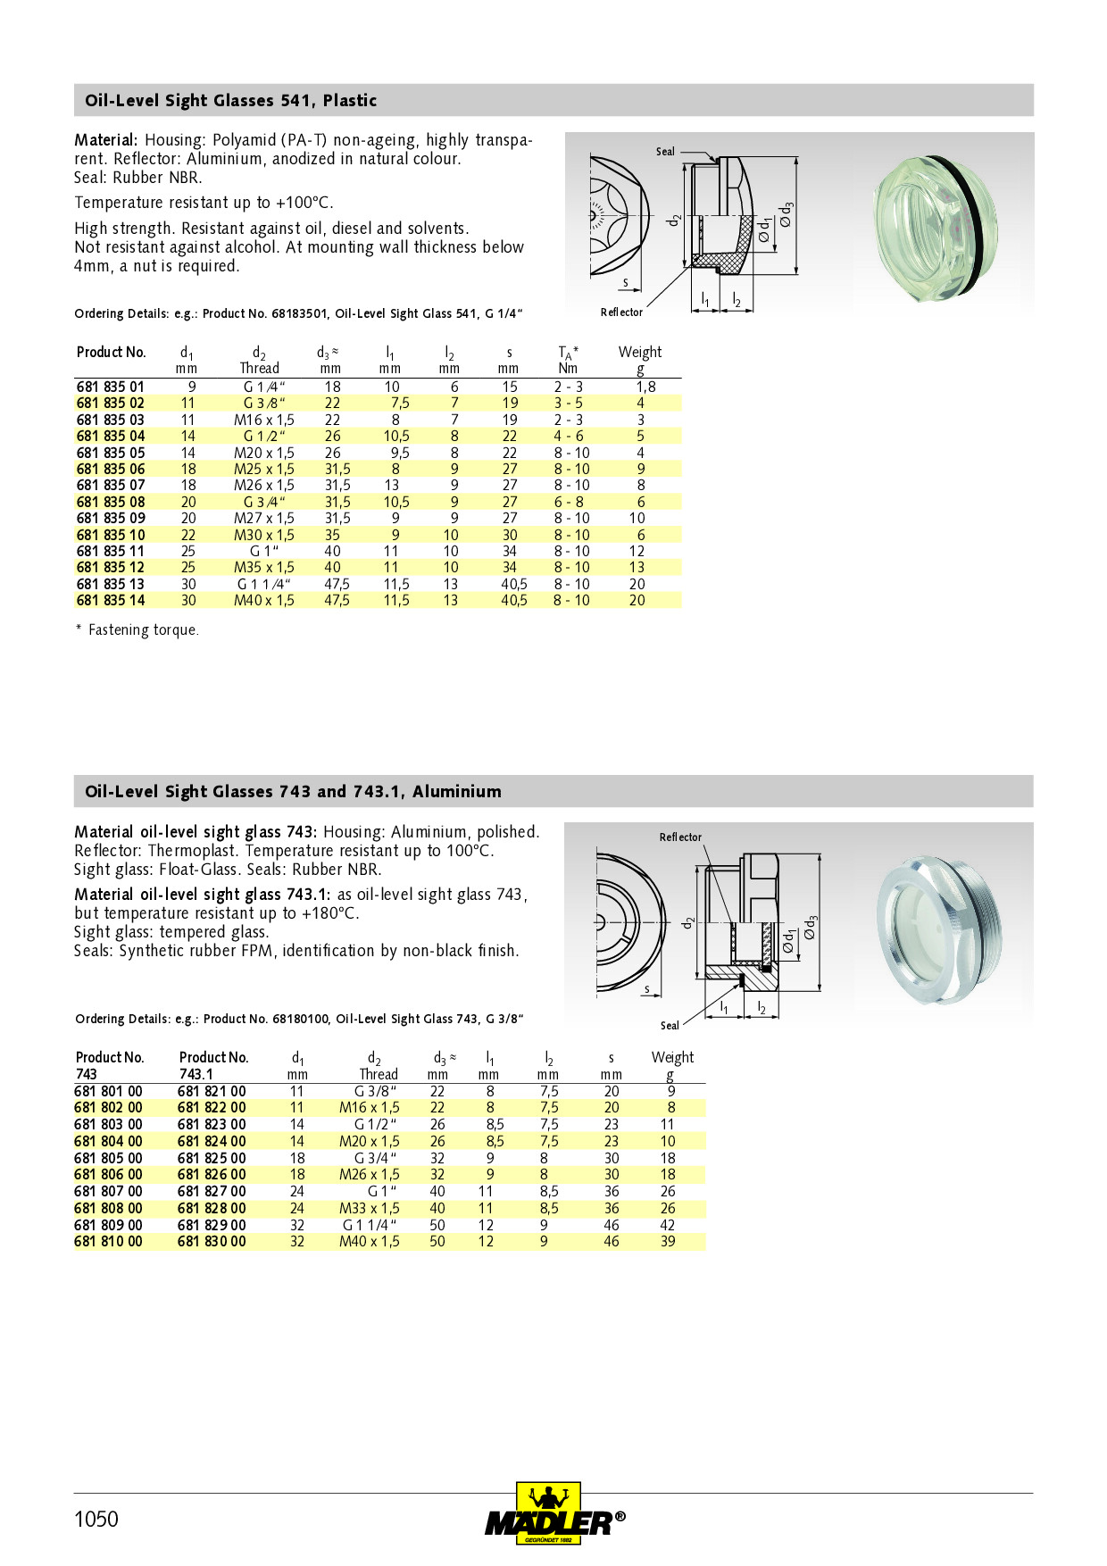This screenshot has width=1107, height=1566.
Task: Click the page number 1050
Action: [96, 1519]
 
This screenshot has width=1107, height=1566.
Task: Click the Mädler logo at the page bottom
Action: [554, 1513]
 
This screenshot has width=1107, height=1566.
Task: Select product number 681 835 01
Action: [110, 387]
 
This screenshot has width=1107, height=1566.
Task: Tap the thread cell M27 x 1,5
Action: [264, 518]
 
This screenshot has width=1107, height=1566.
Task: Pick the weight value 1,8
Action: [645, 387]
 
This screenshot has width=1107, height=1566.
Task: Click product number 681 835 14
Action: [110, 600]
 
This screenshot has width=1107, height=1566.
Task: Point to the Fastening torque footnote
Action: [137, 629]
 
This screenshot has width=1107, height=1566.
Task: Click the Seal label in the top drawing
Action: [665, 152]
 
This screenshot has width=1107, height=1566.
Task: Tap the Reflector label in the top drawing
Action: [621, 312]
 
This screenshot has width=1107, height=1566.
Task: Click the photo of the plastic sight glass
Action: [934, 223]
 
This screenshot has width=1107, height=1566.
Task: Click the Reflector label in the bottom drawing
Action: [680, 837]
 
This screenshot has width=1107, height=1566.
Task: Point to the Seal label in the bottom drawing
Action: [670, 1026]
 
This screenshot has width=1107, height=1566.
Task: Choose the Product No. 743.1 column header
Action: [213, 1066]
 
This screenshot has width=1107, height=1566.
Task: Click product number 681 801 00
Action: [108, 1091]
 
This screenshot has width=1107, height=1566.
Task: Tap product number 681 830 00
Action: [212, 1241]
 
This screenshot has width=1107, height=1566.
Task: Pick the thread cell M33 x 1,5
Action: [370, 1208]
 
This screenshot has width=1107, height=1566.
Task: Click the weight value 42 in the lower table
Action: [668, 1225]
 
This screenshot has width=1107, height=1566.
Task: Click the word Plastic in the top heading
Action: [350, 100]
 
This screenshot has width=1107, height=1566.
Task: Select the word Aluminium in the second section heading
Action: [457, 791]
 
